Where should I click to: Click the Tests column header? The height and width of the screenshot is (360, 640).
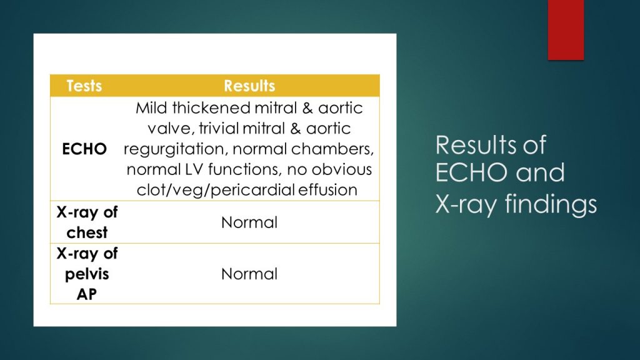[84, 86]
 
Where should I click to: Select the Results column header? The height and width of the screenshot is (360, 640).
[249, 86]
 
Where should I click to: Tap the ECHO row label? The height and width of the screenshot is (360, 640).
[84, 149]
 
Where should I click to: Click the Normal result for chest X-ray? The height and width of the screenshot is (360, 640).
[249, 222]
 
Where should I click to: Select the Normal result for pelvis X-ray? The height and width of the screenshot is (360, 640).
[249, 274]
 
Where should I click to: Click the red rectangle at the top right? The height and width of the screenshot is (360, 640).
[566, 29]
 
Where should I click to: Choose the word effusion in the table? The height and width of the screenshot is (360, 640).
[329, 190]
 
